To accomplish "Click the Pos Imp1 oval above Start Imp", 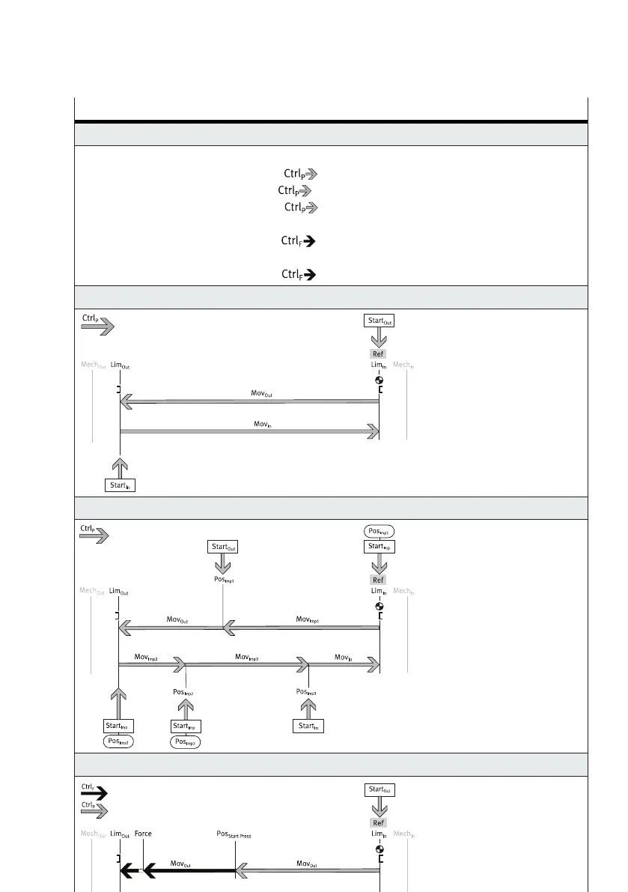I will pyautogui.click(x=379, y=531).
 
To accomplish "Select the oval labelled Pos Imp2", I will pyautogui.click(x=118, y=741).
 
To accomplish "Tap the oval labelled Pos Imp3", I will pyautogui.click(x=186, y=741).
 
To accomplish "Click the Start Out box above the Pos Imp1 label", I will pyautogui.click(x=222, y=547).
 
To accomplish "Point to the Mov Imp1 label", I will pyautogui.click(x=308, y=619).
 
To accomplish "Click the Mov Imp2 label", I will pyautogui.click(x=146, y=657).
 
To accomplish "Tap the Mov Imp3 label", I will pyautogui.click(x=247, y=657).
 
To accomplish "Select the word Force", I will pyautogui.click(x=143, y=834).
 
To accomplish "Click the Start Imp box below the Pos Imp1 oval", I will pyautogui.click(x=379, y=547).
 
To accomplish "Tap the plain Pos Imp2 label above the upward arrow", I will pyautogui.click(x=184, y=693).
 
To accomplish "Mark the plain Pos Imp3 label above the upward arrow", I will pyautogui.click(x=306, y=692).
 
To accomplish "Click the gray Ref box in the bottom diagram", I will pyautogui.click(x=379, y=822).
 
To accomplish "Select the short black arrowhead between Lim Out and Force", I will pyautogui.click(x=129, y=870).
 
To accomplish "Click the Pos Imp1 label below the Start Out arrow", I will pyautogui.click(x=222, y=580).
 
